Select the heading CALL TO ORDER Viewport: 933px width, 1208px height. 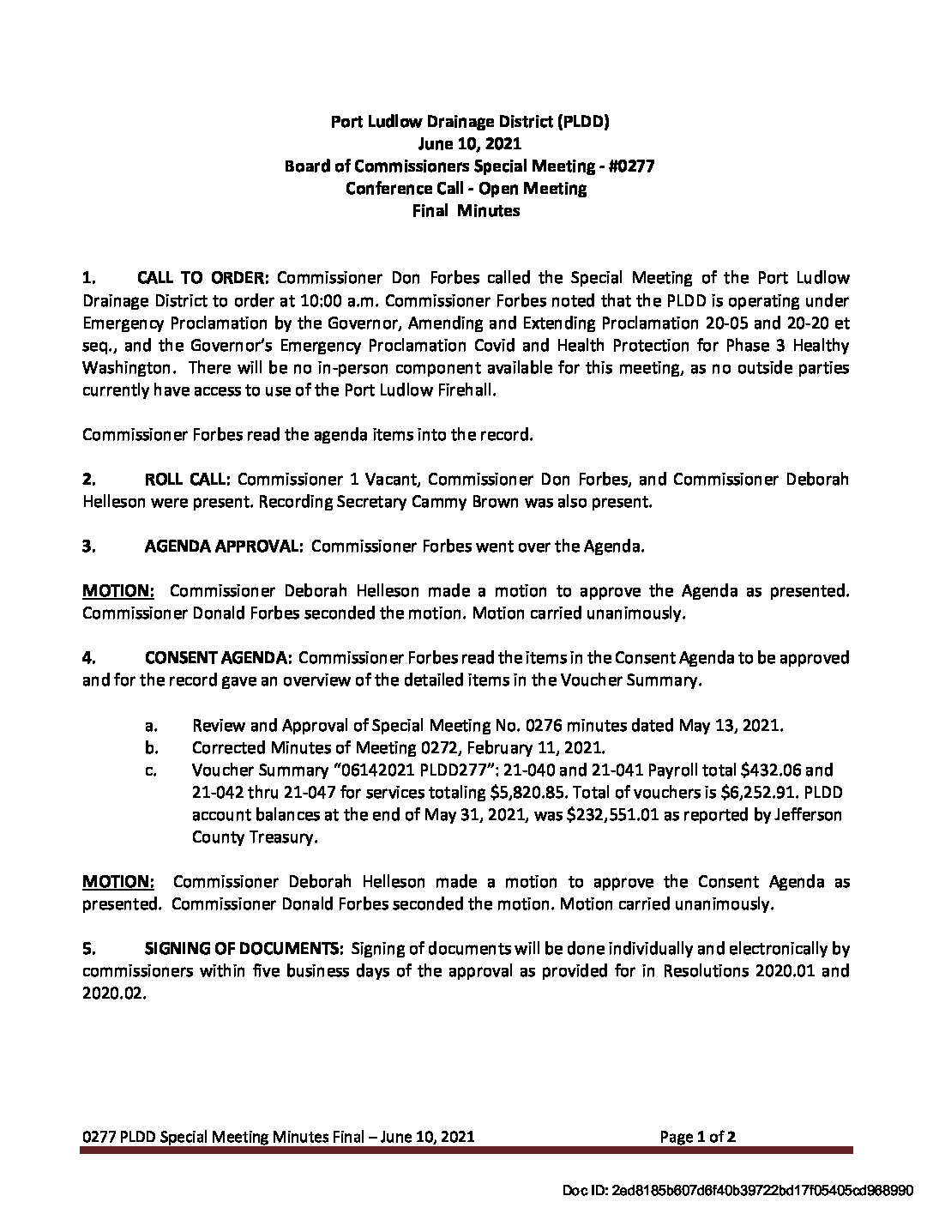(203, 279)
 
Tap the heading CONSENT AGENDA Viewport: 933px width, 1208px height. (219, 658)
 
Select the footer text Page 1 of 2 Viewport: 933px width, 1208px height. (697, 1138)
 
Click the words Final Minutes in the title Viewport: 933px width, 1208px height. (466, 211)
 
